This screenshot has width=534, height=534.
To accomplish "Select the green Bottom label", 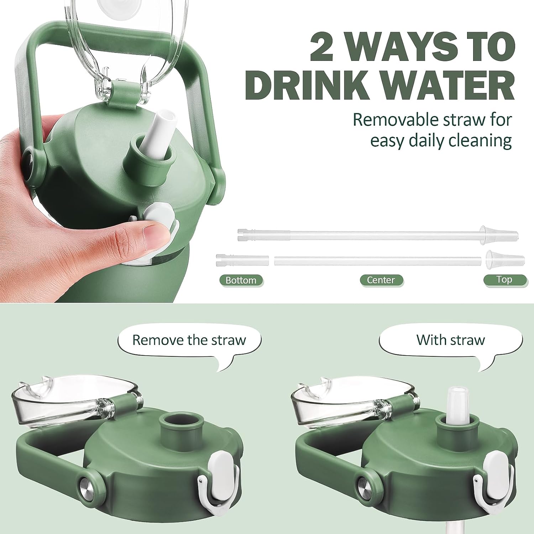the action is (x=241, y=280).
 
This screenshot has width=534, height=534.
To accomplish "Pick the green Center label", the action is (x=381, y=280).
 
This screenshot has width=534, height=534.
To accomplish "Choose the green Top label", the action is (x=504, y=279).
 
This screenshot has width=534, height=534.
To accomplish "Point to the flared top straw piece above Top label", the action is (x=505, y=258).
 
